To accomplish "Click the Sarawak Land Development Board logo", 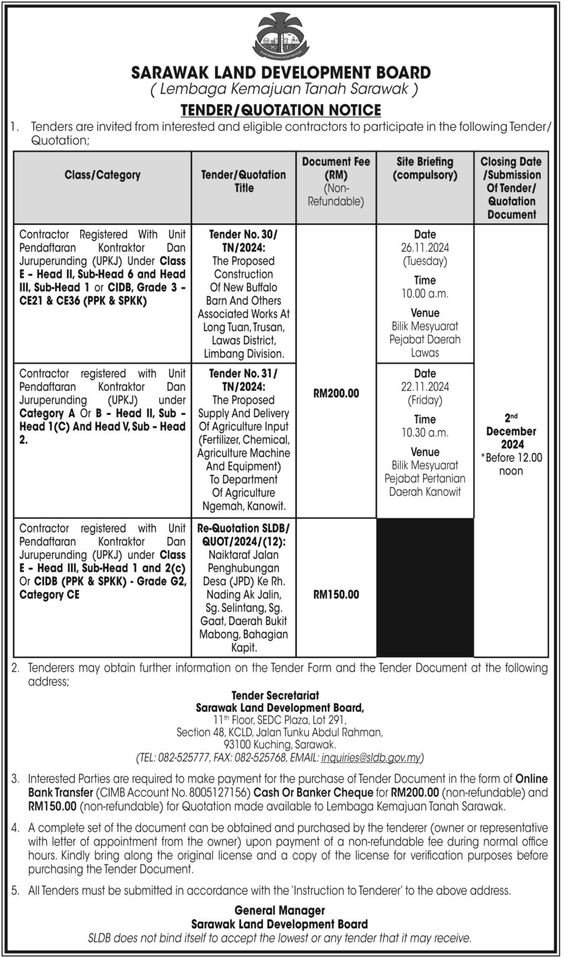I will click(x=281, y=37).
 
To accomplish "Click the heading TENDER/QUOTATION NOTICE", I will click(x=281, y=110).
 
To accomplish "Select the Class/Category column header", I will click(x=102, y=175).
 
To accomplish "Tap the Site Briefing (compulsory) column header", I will click(x=424, y=168).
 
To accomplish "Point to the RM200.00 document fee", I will click(x=336, y=394).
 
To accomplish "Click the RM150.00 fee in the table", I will click(x=336, y=594).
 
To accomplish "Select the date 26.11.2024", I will click(x=424, y=248).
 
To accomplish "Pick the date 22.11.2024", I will click(x=424, y=387).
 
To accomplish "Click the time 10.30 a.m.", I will click(x=424, y=433).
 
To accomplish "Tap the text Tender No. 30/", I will click(x=244, y=235).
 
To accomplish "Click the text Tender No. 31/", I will click(x=244, y=374).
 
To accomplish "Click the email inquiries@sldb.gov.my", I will click(x=372, y=758).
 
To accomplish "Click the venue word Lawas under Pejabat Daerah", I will click(x=424, y=353).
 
